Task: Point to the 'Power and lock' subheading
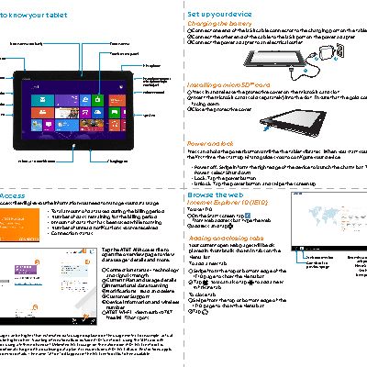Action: click(x=212, y=144)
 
